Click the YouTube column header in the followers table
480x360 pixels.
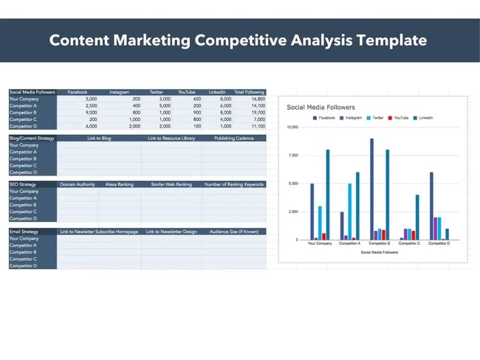[x=186, y=92]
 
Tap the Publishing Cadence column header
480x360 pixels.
[x=234, y=138]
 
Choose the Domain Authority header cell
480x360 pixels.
[x=78, y=184]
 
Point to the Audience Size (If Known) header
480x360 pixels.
[x=235, y=232]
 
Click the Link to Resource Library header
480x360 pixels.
[x=172, y=138]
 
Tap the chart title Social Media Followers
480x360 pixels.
[x=320, y=108]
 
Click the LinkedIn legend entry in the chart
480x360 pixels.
[x=423, y=118]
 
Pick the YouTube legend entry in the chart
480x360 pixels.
[x=399, y=118]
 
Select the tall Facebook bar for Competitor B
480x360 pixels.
[x=371, y=189]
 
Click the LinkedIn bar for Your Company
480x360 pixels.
[x=328, y=195]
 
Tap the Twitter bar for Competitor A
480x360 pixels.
[x=350, y=212]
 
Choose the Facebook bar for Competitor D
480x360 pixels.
[x=431, y=206]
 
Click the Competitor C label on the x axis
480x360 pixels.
[x=411, y=244]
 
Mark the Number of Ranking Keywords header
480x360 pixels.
[x=234, y=184]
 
